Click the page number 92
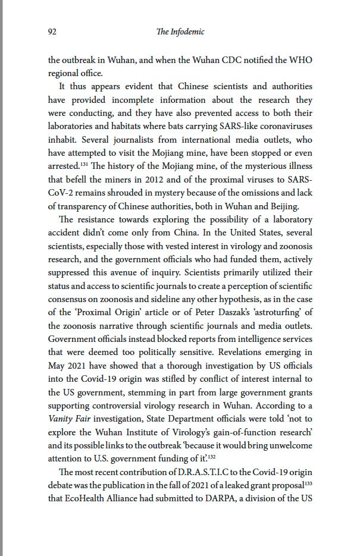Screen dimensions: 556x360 click(x=52, y=33)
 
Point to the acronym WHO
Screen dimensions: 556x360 click(x=300, y=60)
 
